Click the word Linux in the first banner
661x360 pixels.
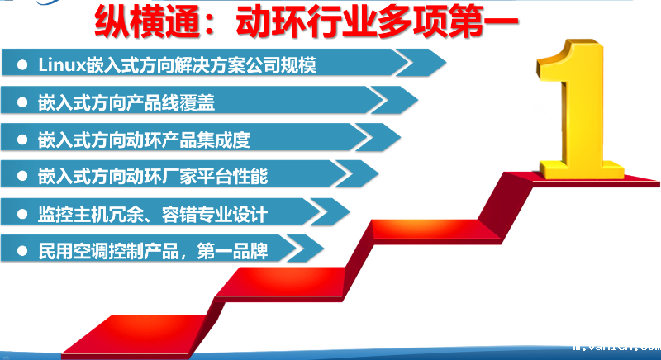[57, 65]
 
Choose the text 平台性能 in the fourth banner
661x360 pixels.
[240, 177]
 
